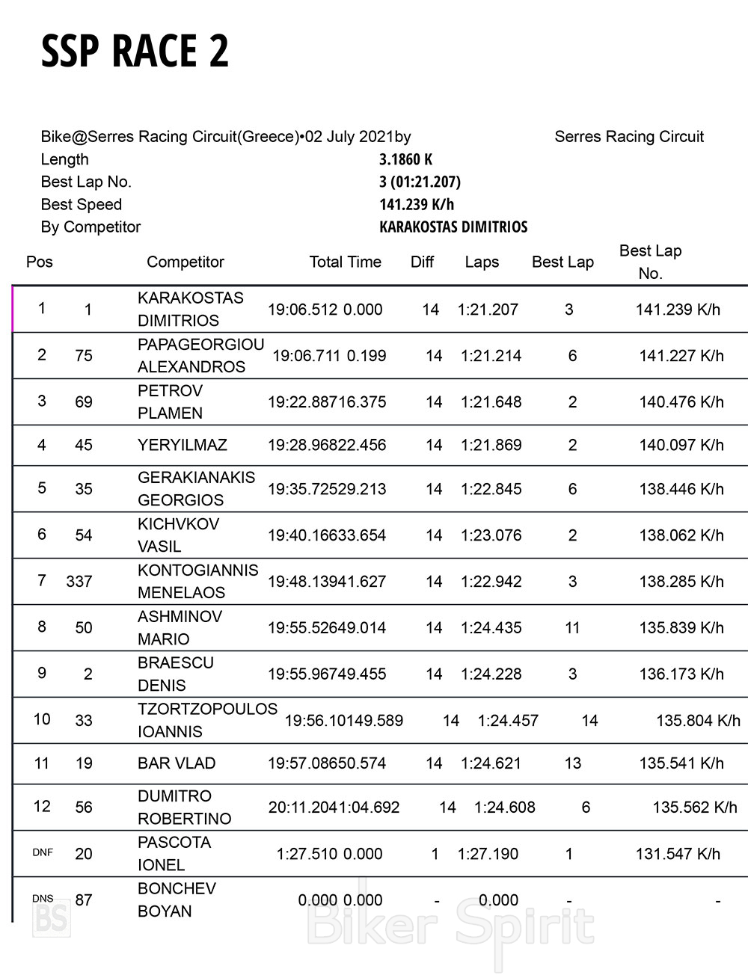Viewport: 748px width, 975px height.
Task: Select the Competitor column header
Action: tap(186, 262)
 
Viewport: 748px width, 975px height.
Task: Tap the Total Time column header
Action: tap(346, 262)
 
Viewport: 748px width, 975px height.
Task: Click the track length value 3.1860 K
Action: tap(406, 159)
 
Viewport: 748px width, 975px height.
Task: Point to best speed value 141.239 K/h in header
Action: tap(417, 204)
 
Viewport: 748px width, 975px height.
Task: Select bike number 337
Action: tap(79, 581)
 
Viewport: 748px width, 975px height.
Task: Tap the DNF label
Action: tap(43, 852)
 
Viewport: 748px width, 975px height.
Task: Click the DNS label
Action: tap(43, 898)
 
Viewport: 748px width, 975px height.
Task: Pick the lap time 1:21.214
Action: tap(491, 356)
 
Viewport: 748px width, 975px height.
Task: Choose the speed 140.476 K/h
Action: tap(681, 402)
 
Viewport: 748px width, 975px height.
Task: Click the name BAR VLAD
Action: tap(177, 763)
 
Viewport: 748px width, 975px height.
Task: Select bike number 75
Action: tap(84, 356)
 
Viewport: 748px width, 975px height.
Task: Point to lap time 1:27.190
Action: tap(488, 854)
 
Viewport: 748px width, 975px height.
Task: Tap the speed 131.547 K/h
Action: tap(678, 854)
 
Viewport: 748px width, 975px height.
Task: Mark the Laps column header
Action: tap(482, 262)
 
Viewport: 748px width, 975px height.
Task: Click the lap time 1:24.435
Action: tap(491, 628)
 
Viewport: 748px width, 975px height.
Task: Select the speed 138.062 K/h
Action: tap(681, 535)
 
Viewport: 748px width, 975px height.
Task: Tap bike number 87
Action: tap(84, 900)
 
